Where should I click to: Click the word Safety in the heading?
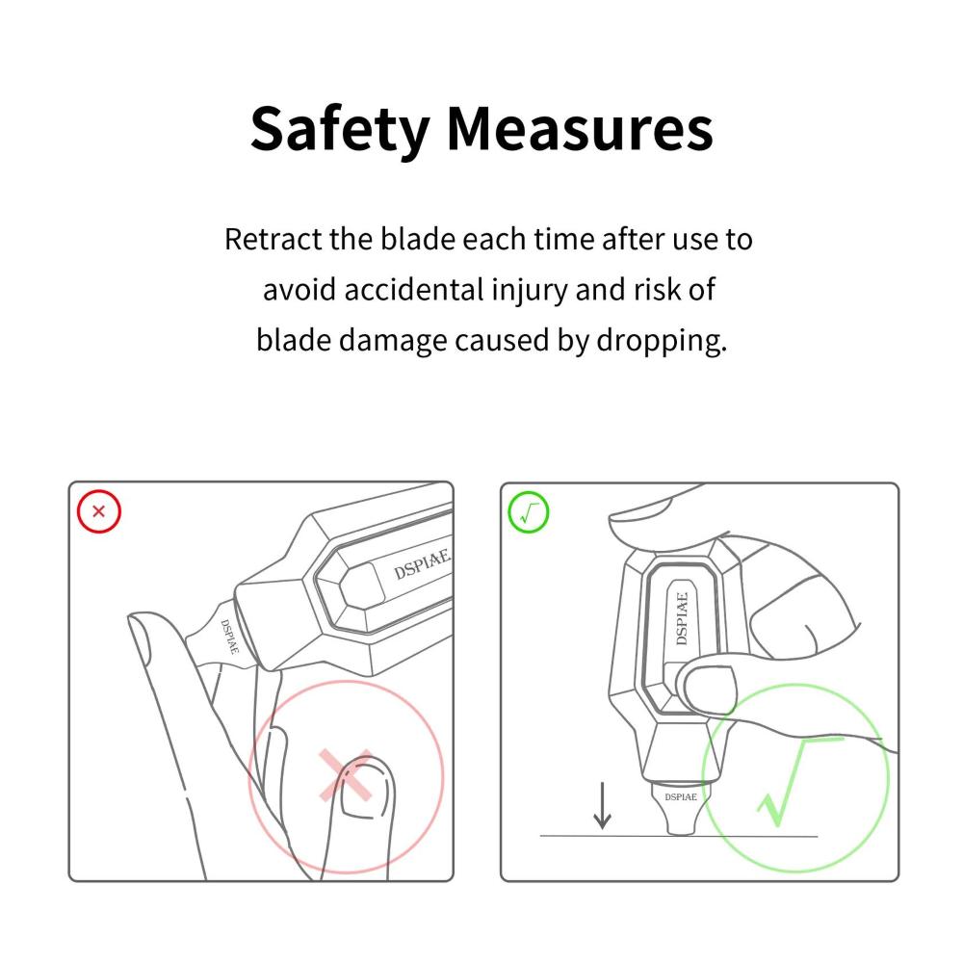pyautogui.click(x=339, y=130)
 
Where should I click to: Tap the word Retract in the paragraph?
pyautogui.click(x=273, y=239)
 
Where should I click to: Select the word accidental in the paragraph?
pyautogui.click(x=414, y=289)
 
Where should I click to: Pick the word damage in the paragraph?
pyautogui.click(x=393, y=342)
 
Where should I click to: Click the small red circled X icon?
pyautogui.click(x=99, y=511)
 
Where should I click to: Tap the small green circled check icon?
pyautogui.click(x=528, y=512)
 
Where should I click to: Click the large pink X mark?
pyautogui.click(x=346, y=775)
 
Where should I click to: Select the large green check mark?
pyautogui.click(x=798, y=780)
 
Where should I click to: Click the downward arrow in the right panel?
pyautogui.click(x=602, y=805)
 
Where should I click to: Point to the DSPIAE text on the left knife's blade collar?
pyautogui.click(x=229, y=637)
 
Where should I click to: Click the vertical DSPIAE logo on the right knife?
pyautogui.click(x=681, y=618)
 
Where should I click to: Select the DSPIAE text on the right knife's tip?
pyautogui.click(x=681, y=797)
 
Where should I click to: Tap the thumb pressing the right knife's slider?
pyautogui.click(x=706, y=688)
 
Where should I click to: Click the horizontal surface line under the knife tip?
pyautogui.click(x=679, y=836)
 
